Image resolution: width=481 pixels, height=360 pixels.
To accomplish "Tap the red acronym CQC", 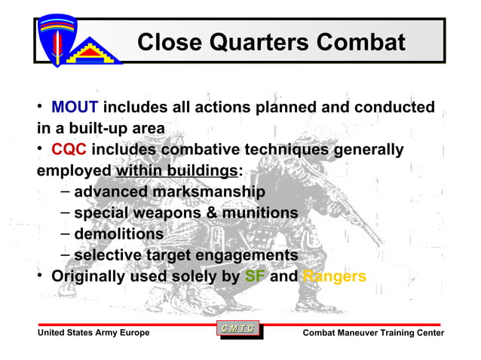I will point(69,151).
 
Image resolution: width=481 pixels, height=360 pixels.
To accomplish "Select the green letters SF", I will point(255,276).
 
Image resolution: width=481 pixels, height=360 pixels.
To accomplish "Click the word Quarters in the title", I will point(250,42).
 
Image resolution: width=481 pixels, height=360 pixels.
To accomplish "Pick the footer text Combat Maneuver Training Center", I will point(373,334).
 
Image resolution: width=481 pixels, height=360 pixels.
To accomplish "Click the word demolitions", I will point(118,235).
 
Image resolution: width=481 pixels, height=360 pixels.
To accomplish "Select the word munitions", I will point(259,214).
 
